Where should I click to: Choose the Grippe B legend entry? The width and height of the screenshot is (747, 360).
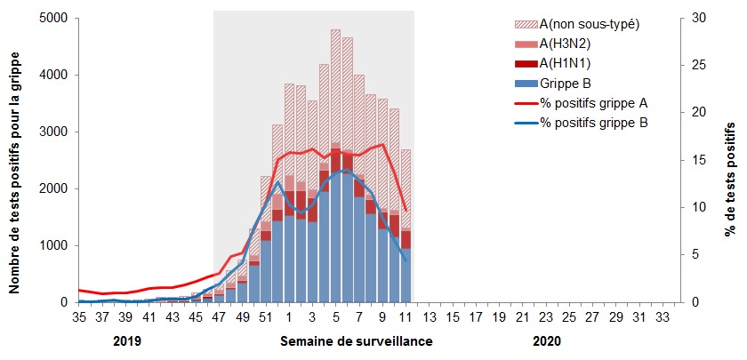click(566, 83)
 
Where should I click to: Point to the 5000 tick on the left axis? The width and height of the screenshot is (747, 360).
click(52, 18)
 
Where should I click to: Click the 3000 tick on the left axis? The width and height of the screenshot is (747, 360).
click(52, 132)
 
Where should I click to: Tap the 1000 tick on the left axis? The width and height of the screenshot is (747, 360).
click(52, 245)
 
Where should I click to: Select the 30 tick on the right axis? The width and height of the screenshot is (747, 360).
click(699, 18)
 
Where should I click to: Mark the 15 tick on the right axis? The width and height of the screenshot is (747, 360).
click(699, 160)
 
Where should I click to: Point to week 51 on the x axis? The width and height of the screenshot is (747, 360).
click(265, 316)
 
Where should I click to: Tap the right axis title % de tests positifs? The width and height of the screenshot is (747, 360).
click(730, 160)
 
